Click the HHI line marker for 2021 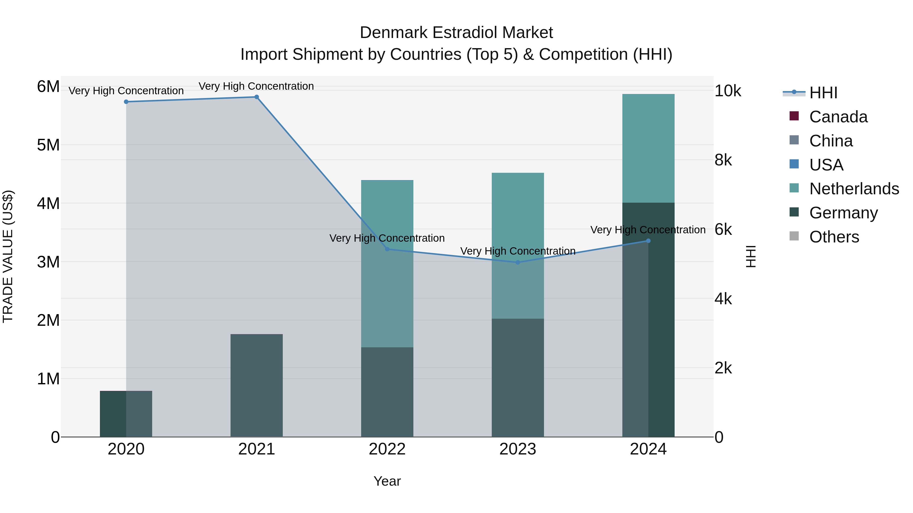pos(257,97)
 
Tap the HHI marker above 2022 pos(387,249)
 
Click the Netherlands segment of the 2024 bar pos(648,148)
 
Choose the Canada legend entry pos(838,117)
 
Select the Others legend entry pos(834,237)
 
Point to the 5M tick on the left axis pos(48,145)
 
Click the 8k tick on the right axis pos(723,160)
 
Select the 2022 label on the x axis pos(387,449)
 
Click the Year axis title pos(387,481)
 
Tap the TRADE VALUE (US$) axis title pos(8,256)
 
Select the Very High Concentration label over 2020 pos(126,91)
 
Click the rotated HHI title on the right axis pos(751,256)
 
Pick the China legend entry pos(831,141)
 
